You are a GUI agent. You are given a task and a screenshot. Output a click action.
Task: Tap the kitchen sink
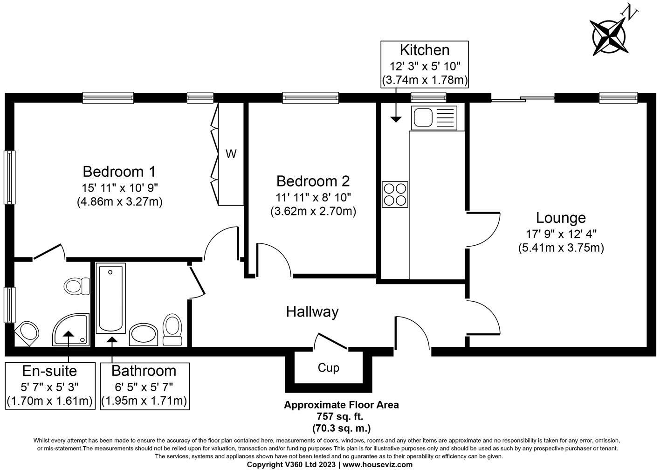coord(434,118)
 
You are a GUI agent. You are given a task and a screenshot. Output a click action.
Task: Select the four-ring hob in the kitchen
coord(395,194)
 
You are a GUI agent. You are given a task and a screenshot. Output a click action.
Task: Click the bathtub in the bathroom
coord(110,298)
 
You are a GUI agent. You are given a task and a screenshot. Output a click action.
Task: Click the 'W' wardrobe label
coord(231,154)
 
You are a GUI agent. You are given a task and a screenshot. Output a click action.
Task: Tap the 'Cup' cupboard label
coord(328,368)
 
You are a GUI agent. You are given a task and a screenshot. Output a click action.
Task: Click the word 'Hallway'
coord(312,311)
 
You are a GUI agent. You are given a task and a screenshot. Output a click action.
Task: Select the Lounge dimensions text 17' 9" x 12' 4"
coord(561,233)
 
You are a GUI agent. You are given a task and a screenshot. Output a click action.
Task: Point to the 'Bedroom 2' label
coord(313,181)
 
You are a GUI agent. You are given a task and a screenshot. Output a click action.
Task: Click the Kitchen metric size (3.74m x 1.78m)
coord(425,80)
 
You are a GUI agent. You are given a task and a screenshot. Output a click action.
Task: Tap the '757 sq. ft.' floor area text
coord(341,416)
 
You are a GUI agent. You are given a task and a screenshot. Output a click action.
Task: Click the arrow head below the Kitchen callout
coord(396,119)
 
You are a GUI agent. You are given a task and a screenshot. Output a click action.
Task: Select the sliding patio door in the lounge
coord(522,98)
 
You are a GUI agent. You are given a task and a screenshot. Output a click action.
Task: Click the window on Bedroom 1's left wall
coord(9,177)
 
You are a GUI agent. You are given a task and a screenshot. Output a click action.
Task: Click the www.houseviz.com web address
coord(378,465)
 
